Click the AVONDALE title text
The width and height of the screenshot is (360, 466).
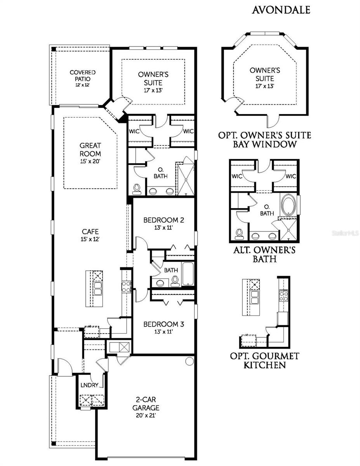coord(281,10)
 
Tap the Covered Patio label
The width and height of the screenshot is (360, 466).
coord(82,75)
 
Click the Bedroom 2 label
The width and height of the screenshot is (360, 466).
coord(163,220)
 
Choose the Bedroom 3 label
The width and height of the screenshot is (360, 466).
coord(163,324)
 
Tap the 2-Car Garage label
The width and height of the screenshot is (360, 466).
coord(147,404)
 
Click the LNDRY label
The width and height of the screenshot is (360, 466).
coord(90,385)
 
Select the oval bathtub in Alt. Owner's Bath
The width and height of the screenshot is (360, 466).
coord(289,206)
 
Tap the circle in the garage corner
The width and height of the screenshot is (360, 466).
coord(189,361)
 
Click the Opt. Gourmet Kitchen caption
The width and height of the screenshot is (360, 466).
coord(264,360)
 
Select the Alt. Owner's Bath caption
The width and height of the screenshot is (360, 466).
coord(264,255)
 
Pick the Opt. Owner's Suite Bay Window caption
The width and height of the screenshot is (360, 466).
coord(264,140)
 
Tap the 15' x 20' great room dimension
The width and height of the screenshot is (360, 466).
coord(90,161)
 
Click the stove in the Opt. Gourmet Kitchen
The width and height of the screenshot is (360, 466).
coord(284,296)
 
